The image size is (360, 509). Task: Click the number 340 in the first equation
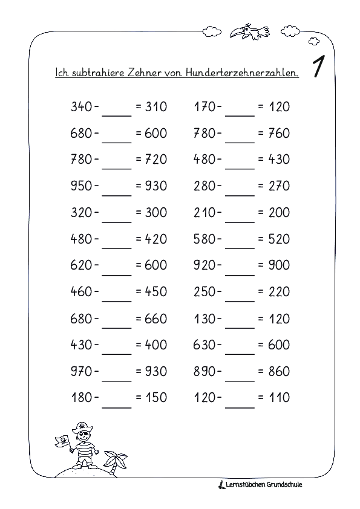[82, 107]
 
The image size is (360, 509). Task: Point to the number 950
[82, 186]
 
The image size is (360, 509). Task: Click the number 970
[82, 371]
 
